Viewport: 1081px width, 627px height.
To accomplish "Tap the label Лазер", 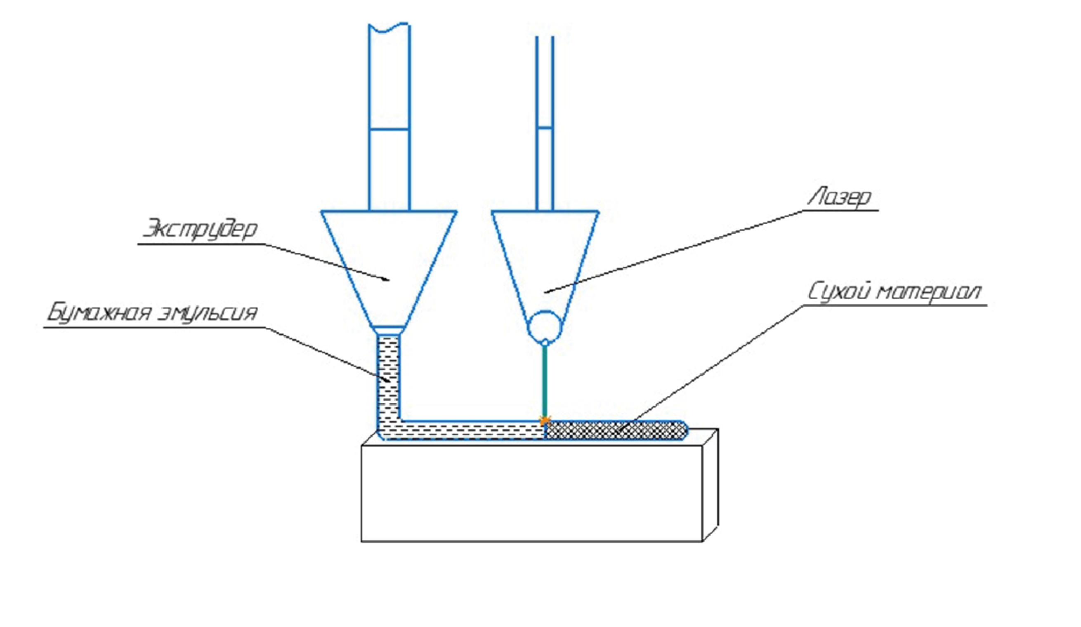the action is [840, 197].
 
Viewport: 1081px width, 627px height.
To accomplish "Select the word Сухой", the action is [840, 292].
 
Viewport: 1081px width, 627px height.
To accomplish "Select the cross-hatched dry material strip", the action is [616, 430].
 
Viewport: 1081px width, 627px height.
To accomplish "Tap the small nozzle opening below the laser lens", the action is [545, 343].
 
